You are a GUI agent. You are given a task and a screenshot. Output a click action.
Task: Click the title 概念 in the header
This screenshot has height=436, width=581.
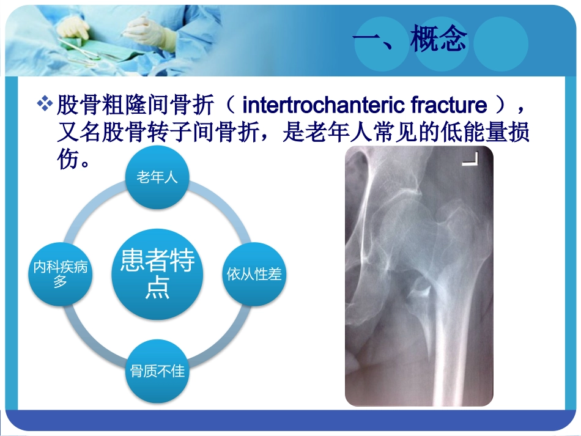pos(439,39)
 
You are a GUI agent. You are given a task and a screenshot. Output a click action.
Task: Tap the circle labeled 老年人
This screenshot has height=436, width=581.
pos(157,178)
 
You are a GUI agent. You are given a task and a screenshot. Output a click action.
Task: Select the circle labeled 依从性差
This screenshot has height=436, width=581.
pos(254,275)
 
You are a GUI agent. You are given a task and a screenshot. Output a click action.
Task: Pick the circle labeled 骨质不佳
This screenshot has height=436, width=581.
pos(157,371)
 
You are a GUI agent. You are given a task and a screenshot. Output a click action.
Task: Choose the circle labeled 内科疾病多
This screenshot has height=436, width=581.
pos(61,275)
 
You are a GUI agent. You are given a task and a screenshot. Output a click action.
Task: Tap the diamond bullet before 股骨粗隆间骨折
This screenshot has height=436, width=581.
pos(45,105)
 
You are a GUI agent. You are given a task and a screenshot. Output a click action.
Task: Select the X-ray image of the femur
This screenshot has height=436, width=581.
pos(418,275)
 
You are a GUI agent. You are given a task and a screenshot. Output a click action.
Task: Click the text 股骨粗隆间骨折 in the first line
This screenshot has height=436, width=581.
pos(135,106)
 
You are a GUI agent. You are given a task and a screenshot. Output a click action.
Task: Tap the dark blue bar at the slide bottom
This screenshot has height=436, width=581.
pos(290,421)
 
